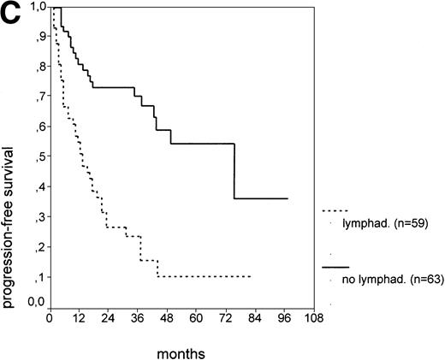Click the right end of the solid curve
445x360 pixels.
coord(288,198)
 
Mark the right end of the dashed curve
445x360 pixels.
coord(250,276)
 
